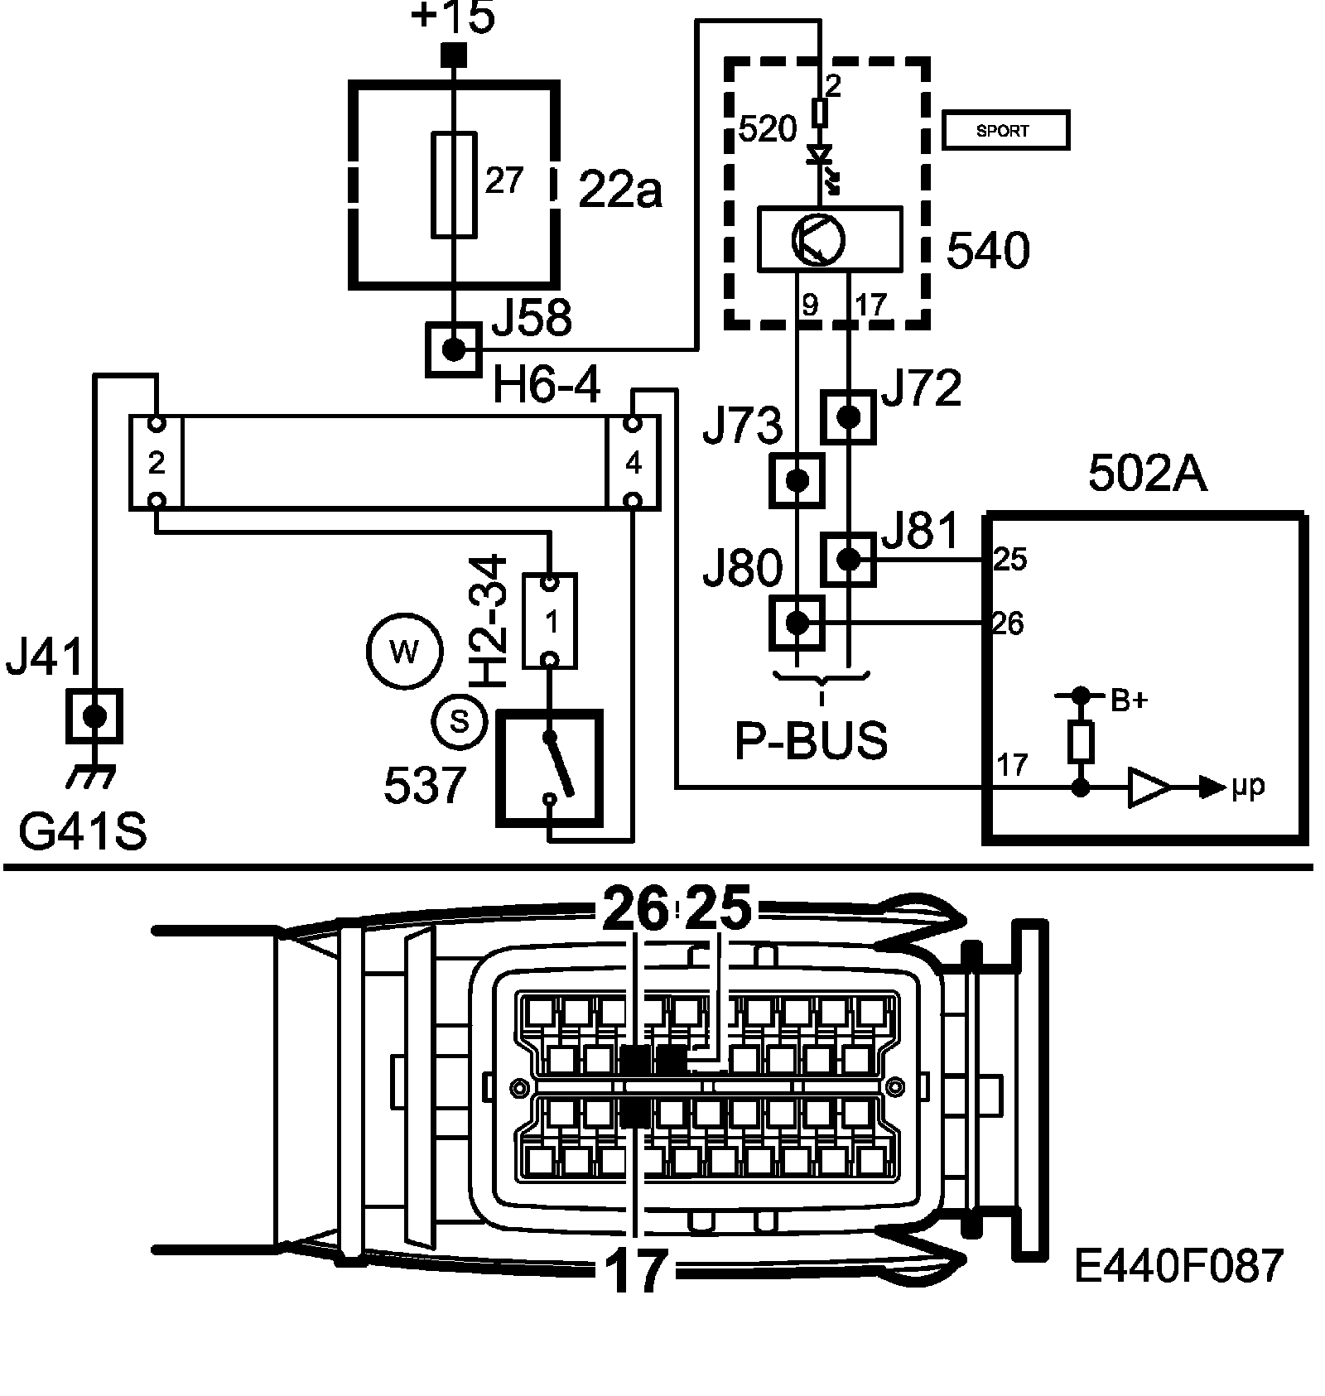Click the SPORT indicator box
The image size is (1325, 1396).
click(x=1006, y=131)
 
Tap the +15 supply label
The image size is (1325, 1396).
click(x=453, y=18)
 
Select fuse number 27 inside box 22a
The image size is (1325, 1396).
click(x=455, y=185)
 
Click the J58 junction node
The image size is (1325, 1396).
click(x=454, y=349)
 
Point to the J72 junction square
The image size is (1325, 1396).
click(x=848, y=416)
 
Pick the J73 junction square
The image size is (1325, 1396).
click(x=797, y=480)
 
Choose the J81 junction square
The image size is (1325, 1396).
click(x=848, y=560)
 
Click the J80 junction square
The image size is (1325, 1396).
click(x=797, y=623)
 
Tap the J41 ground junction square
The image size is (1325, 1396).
click(x=94, y=716)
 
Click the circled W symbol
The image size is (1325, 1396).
click(x=403, y=652)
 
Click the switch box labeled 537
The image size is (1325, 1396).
click(x=549, y=768)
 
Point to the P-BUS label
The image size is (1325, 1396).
click(x=812, y=741)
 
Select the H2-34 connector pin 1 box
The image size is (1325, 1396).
click(x=550, y=621)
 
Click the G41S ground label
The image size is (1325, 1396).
click(x=83, y=832)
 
